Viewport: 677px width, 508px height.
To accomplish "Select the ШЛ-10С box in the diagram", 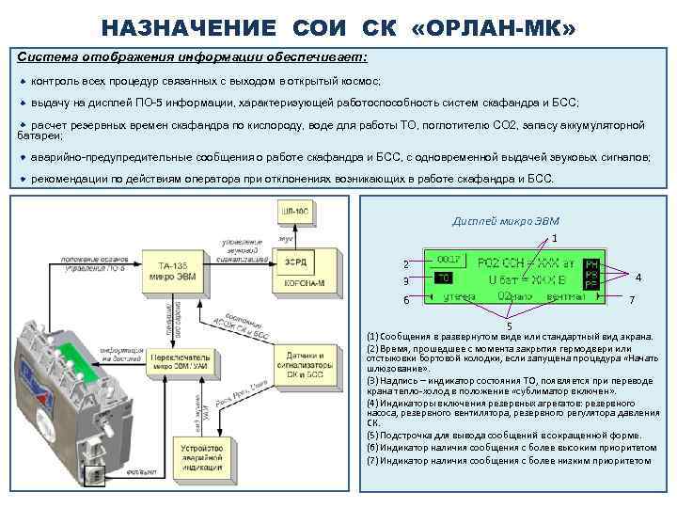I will point(293,212).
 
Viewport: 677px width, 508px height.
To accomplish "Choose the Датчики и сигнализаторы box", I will point(302,366).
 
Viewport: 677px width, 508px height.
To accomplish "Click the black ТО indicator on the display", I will point(443,278).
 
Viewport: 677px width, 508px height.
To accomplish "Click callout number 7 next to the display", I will point(633,300).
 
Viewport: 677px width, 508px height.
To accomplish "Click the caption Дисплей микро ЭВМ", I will point(505,221).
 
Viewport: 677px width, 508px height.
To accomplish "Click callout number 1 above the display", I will point(555,238).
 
